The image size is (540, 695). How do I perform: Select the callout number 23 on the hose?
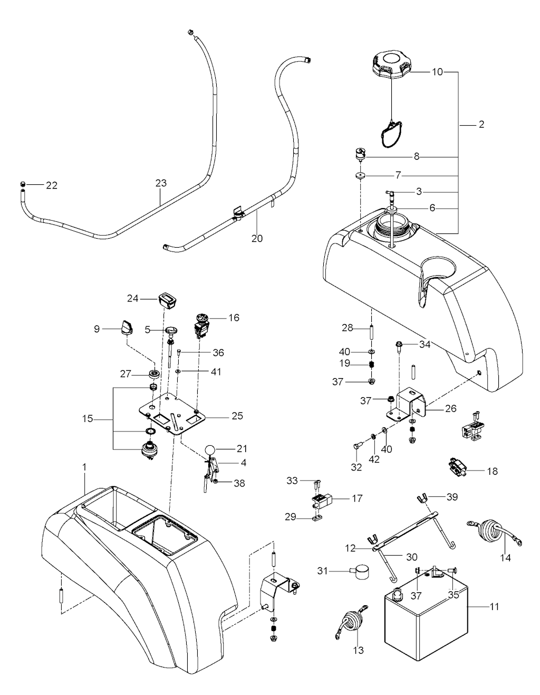click(161, 183)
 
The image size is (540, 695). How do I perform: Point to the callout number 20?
click(257, 238)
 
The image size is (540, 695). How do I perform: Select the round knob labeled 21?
click(210, 449)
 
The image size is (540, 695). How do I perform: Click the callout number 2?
click(481, 125)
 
